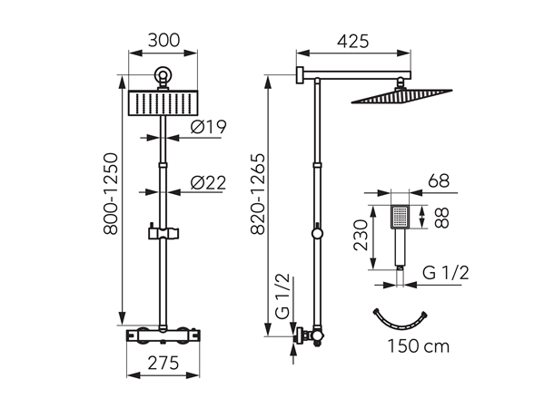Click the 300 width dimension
pyautogui.click(x=163, y=40)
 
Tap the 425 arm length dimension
pyautogui.click(x=353, y=42)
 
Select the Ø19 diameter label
pyautogui.click(x=209, y=127)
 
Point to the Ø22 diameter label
pyautogui.click(x=208, y=182)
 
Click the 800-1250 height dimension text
pyautogui.click(x=111, y=194)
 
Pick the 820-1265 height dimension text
pyautogui.click(x=258, y=194)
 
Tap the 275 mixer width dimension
pyautogui.click(x=163, y=364)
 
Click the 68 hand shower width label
pyautogui.click(x=439, y=181)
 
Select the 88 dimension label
pyautogui.click(x=441, y=218)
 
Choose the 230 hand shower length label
pyautogui.click(x=361, y=235)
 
